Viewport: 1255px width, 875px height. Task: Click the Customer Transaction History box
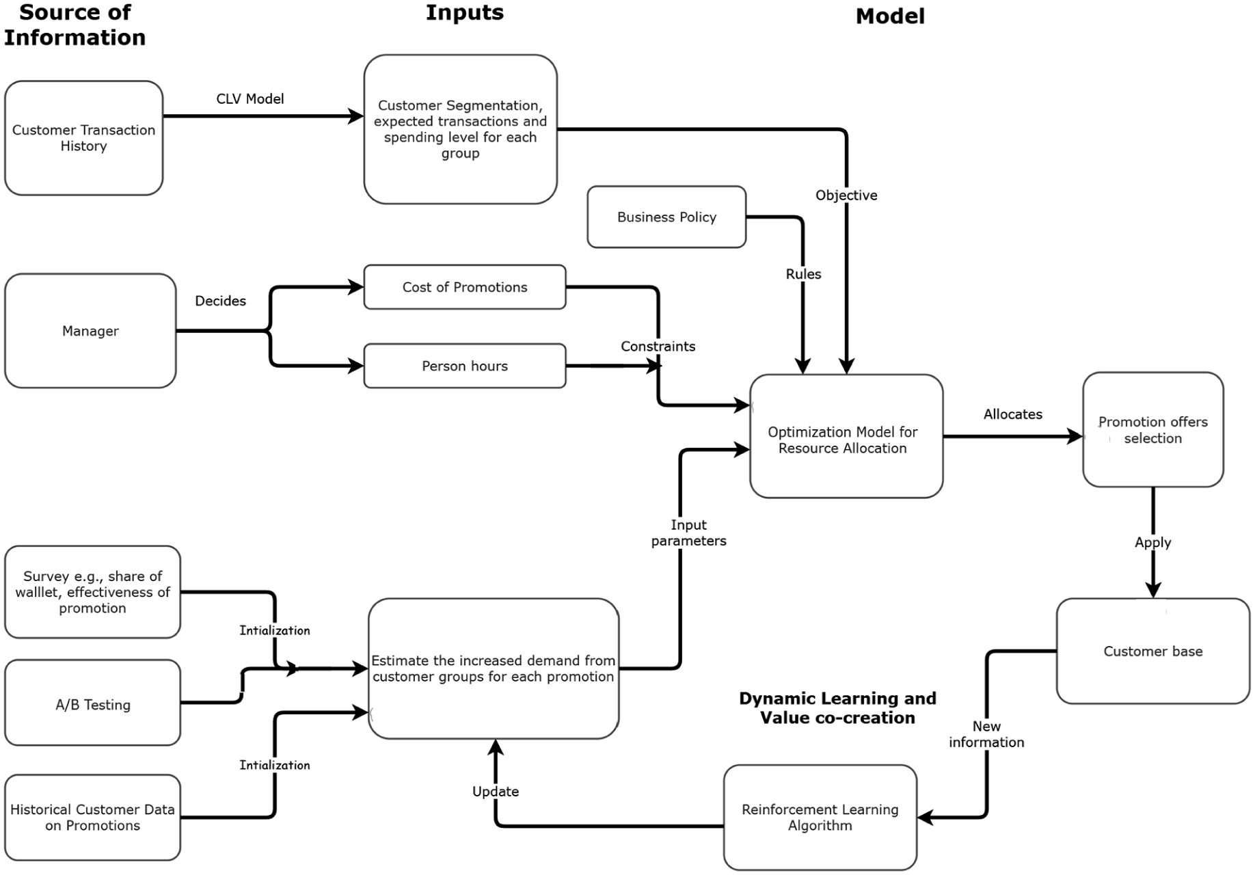pyautogui.click(x=83, y=138)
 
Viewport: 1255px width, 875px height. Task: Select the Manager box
pyautogui.click(x=90, y=331)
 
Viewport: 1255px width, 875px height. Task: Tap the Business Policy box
pyautogui.click(x=666, y=217)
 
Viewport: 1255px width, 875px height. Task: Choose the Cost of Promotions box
pyautogui.click(x=465, y=287)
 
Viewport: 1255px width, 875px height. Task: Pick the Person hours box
pyautogui.click(x=465, y=366)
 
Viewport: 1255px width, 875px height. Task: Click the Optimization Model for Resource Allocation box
pyautogui.click(x=846, y=436)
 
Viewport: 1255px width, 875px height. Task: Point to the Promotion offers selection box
pyautogui.click(x=1153, y=429)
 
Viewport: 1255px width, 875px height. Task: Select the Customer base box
pyautogui.click(x=1153, y=651)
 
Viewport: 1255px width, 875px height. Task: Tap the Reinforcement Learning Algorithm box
pyautogui.click(x=820, y=818)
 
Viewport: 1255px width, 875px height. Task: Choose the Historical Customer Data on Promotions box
pyautogui.click(x=92, y=818)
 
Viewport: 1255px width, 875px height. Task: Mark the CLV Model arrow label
pyautogui.click(x=250, y=99)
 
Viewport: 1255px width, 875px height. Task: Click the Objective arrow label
pyautogui.click(x=846, y=196)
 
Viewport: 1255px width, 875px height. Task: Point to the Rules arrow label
pyautogui.click(x=803, y=274)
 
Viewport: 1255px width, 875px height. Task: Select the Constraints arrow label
pyautogui.click(x=658, y=347)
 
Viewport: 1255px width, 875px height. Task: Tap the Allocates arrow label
pyautogui.click(x=1013, y=414)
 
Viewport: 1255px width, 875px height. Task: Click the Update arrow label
pyautogui.click(x=496, y=792)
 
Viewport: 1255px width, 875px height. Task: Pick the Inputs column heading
pyautogui.click(x=465, y=12)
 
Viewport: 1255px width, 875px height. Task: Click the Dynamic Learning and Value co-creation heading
pyautogui.click(x=837, y=708)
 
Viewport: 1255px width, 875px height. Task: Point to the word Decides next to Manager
pyautogui.click(x=220, y=301)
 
